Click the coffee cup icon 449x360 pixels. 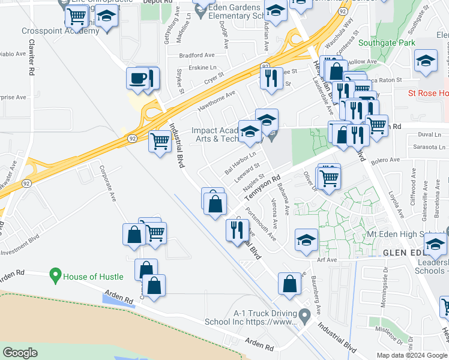pos(137,79)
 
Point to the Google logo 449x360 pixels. pos(20,352)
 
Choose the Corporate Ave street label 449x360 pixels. pos(109,183)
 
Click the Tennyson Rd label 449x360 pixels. pos(264,189)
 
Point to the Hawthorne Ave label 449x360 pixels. pos(216,101)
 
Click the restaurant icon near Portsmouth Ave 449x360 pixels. pos(237,229)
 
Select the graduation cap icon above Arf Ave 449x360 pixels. pos(306,241)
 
